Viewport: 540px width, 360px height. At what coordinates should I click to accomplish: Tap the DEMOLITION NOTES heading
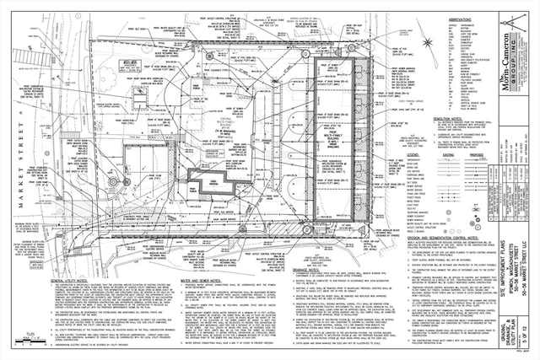(440, 120)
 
